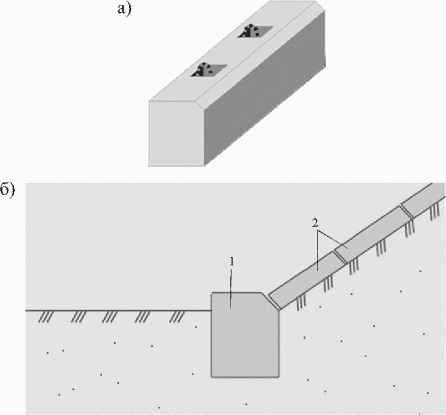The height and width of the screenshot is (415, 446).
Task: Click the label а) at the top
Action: pos(125,8)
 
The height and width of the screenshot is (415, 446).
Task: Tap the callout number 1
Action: pos(232,262)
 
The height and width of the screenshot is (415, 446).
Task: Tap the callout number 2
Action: pos(315,223)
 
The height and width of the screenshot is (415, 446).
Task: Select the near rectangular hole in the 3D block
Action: pos(208,70)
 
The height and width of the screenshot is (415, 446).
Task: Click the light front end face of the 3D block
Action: pos(176,133)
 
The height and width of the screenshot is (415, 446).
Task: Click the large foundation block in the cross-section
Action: pos(245,335)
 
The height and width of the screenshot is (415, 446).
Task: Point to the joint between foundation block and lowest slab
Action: pos(274,301)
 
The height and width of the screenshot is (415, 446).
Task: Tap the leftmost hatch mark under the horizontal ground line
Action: pos(46,317)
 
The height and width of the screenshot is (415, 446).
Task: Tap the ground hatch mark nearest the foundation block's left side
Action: pos(177,317)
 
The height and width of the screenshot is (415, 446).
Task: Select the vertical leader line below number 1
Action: pos(231,288)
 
